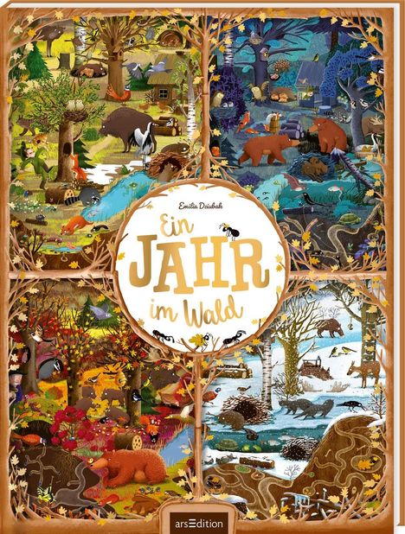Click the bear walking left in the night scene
269,148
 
